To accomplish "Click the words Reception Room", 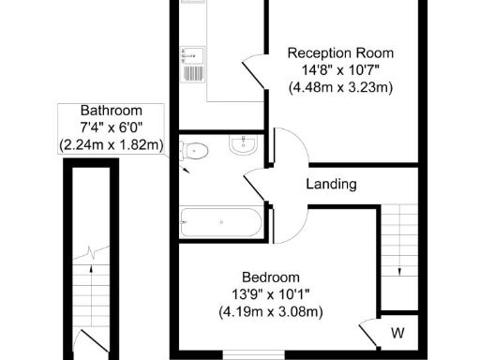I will (x=340, y=52).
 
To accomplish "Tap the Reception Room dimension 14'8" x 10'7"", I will (x=340, y=70).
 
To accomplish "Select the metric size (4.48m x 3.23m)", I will (x=340, y=88).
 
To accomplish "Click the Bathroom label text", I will (x=111, y=110).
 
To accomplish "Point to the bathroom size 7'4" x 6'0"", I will (x=111, y=127).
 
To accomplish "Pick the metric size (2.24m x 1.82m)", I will (x=111, y=145).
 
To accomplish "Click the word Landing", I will (x=331, y=185).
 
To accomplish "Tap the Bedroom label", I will (x=271, y=277).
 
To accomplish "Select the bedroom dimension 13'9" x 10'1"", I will (x=271, y=293).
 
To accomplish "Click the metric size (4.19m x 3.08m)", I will (x=271, y=311).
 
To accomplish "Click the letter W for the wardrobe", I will (x=397, y=333).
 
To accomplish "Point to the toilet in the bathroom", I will (x=194, y=149).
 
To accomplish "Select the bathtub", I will (x=220, y=223).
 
